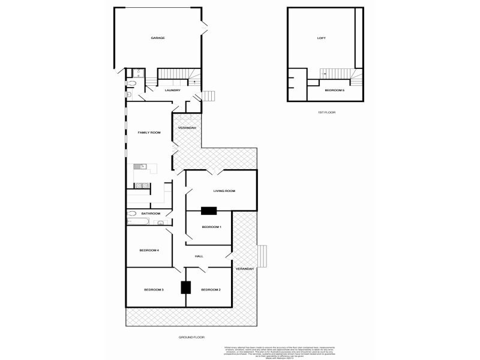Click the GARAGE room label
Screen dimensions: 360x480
(x=158, y=38)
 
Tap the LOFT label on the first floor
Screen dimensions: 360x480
(x=321, y=38)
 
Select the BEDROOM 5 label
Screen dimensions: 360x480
(x=334, y=90)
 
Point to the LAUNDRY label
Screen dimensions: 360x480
(x=172, y=91)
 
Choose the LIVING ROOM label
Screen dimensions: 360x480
(x=224, y=191)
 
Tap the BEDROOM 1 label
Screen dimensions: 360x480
(x=211, y=227)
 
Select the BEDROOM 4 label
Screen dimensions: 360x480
(x=148, y=250)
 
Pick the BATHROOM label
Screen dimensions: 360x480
(x=151, y=214)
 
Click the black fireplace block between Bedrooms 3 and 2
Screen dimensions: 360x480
(x=186, y=287)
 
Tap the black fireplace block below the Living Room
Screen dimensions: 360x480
(x=208, y=211)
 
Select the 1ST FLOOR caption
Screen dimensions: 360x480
(x=326, y=112)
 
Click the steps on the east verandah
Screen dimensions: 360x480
(x=262, y=256)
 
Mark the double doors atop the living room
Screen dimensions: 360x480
(x=213, y=172)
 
